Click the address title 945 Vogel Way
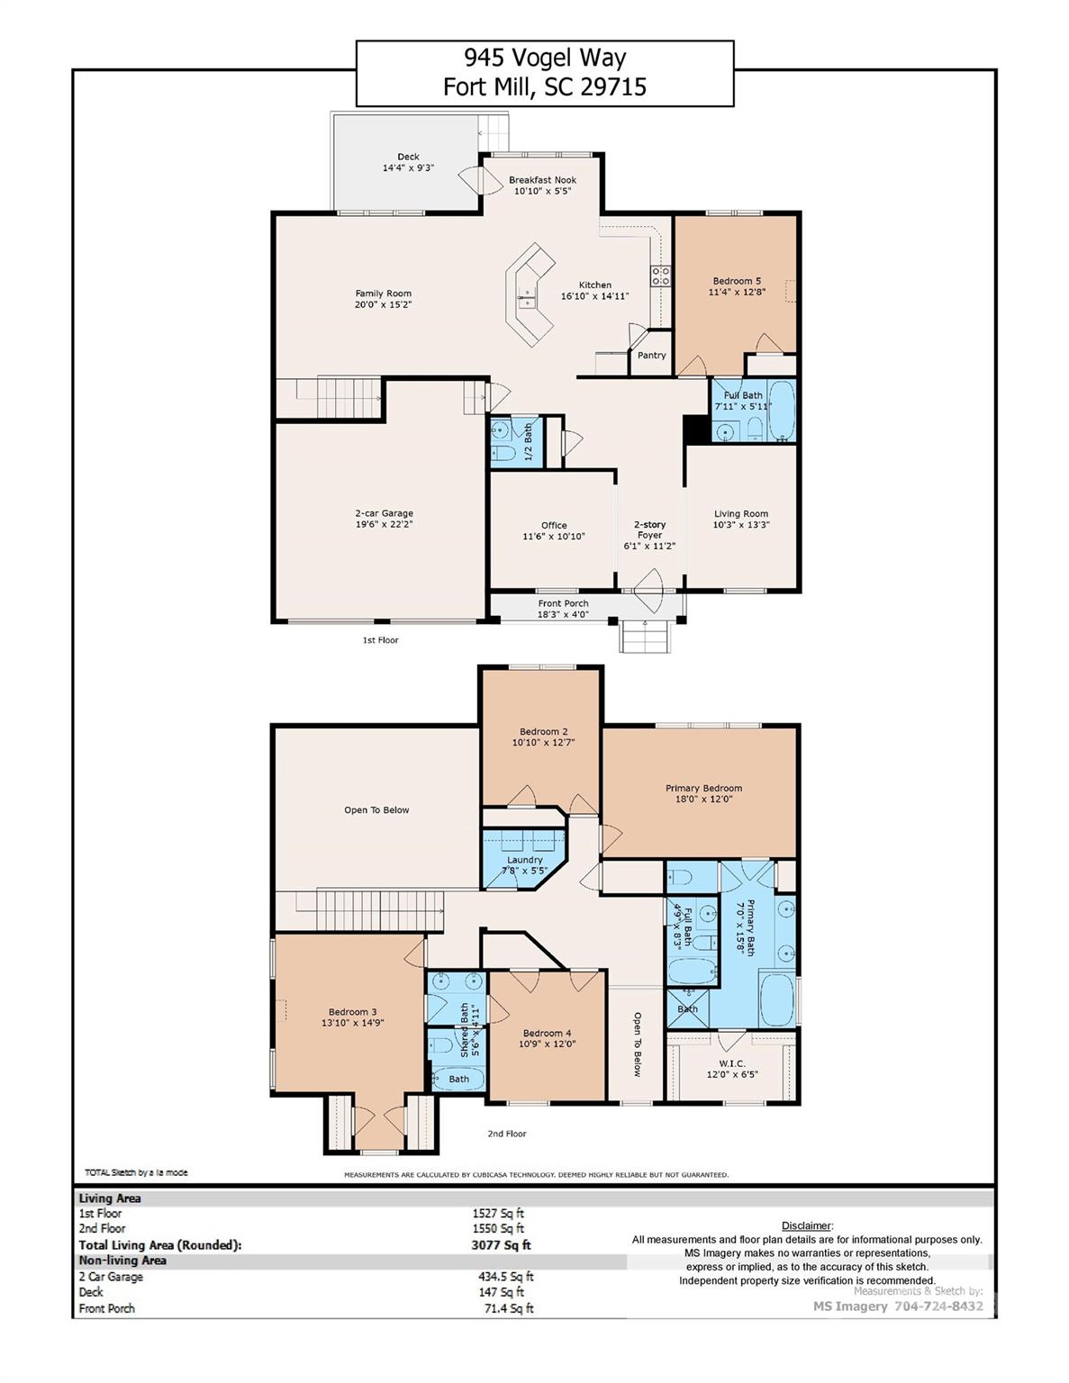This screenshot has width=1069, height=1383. click(x=544, y=58)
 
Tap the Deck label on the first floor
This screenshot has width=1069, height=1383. click(x=408, y=157)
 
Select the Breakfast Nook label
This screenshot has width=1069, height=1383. click(x=542, y=180)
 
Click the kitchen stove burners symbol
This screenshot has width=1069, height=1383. click(x=660, y=275)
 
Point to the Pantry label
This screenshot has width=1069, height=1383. click(x=651, y=355)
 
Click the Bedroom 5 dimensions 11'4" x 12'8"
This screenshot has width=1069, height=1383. click(x=737, y=292)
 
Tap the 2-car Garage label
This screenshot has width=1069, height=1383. click(x=384, y=513)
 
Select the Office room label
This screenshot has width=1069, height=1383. click(x=554, y=525)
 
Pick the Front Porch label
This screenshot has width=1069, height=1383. click(x=563, y=603)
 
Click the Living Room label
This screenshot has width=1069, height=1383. click(x=740, y=514)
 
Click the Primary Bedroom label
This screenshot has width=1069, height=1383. click(x=703, y=788)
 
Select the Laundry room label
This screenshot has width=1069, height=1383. click(x=524, y=860)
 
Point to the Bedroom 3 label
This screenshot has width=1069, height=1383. click(x=348, y=1011)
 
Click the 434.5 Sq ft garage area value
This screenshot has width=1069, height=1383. click(x=505, y=1276)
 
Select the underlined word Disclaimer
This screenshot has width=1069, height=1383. click(x=807, y=1225)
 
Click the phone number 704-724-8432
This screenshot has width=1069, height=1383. click(x=940, y=1306)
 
